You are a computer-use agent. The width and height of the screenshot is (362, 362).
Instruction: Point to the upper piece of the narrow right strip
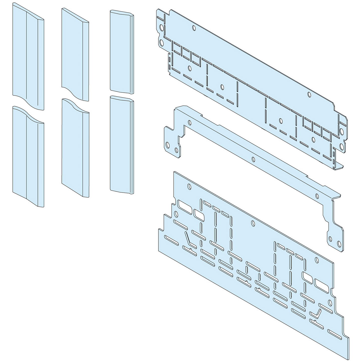click(122, 50)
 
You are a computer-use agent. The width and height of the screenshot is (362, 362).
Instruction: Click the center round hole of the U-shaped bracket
click(253, 159)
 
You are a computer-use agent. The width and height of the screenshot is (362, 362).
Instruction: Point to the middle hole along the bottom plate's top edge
click(253, 222)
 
